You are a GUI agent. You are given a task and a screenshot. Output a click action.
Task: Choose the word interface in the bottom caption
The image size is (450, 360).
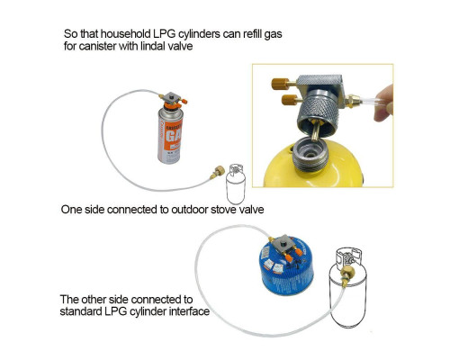189,311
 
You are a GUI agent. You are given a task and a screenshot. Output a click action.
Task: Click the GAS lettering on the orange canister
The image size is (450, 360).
174,137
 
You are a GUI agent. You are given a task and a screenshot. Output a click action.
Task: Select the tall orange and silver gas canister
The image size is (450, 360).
170,134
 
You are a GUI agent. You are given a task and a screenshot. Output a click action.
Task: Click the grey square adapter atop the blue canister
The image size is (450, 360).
284,244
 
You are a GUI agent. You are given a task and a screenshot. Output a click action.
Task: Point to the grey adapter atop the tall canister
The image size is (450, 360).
173,97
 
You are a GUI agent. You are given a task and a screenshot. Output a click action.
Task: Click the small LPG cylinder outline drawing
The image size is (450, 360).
236,184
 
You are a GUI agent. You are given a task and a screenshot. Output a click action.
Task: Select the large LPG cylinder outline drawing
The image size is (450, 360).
348,287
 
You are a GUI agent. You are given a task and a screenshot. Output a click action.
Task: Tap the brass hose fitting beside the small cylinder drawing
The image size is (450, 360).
218,173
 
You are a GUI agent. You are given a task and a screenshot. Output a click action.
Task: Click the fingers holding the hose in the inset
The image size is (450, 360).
384,103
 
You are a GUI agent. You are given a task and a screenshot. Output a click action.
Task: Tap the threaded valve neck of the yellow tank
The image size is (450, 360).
310,155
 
